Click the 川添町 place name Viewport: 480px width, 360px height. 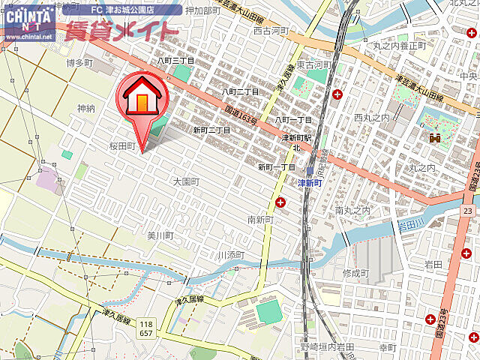pos(231,255)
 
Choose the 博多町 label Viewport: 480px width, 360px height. pos(79,63)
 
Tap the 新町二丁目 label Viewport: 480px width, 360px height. pos(211,130)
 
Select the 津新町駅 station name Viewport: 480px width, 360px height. pos(295,139)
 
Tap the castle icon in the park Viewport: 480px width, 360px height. pos(433,138)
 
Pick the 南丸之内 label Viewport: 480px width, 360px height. pos(353,211)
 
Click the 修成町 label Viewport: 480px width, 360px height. pos(356,272)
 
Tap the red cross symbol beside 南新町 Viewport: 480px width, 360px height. pos(280,202)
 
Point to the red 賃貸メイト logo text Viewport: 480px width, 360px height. pos(121,31)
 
